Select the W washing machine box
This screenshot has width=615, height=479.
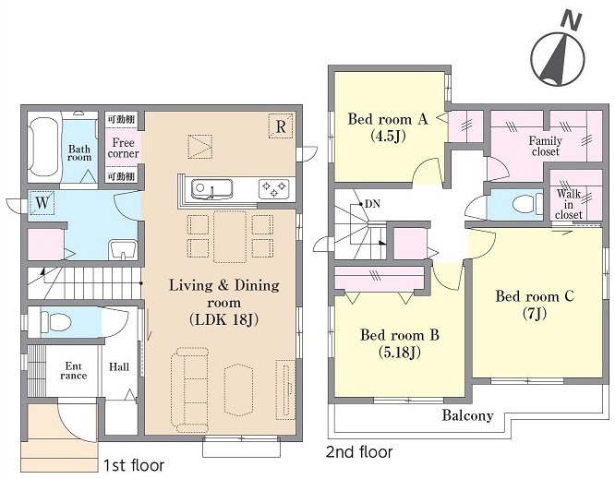point(42,203)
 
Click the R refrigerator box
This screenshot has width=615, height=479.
point(281,126)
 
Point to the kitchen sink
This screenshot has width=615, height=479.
point(211,189)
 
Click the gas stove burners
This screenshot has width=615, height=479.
point(273,188)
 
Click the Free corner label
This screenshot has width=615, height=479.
point(123,148)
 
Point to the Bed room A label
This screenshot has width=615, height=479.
point(388,119)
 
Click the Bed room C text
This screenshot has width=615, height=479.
point(535,296)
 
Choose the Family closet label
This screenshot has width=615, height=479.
point(545,146)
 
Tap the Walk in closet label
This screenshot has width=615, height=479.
point(568,204)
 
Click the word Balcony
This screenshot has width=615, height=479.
point(467,415)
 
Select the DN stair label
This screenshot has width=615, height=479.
point(372,204)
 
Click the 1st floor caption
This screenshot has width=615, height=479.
point(134,465)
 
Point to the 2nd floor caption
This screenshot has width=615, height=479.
point(359,452)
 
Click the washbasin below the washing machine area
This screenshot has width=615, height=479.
point(123,249)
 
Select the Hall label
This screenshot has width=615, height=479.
point(119,367)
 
